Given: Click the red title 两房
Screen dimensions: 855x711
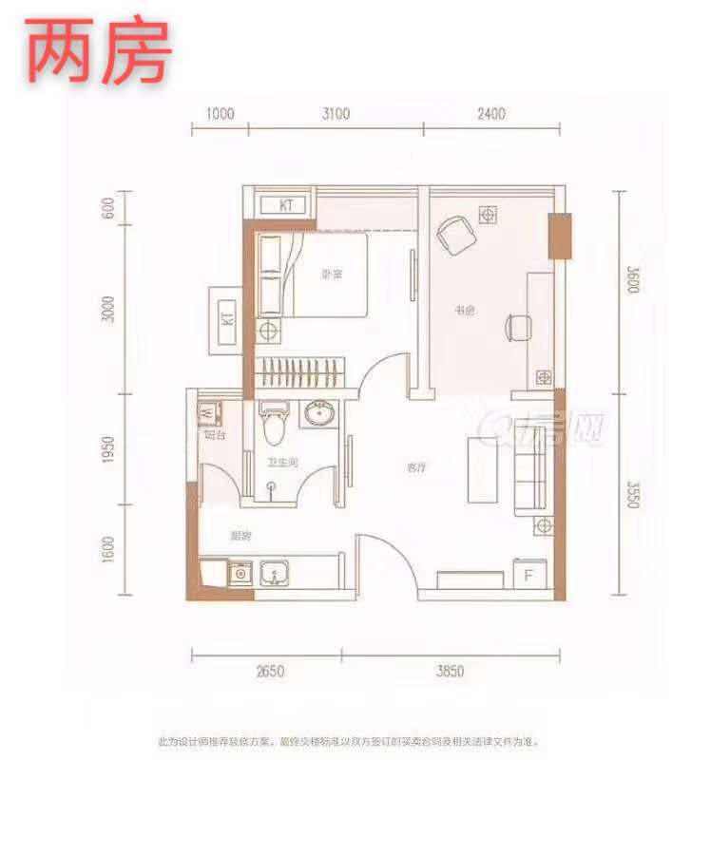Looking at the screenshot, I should point(98,51).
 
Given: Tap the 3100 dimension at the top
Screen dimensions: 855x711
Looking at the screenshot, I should point(336,114).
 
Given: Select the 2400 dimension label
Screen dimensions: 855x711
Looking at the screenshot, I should point(490,114).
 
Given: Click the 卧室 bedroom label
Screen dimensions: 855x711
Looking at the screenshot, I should point(331,275).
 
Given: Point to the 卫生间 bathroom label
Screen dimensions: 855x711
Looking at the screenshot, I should point(281,462).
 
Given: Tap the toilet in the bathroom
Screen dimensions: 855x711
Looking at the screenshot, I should point(275,424).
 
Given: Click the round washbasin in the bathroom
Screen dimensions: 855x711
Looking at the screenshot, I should point(317,414).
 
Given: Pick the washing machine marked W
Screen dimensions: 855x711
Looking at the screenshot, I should point(208,413).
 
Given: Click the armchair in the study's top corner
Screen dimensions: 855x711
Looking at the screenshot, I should point(454,235).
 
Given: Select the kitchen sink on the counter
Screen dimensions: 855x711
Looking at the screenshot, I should point(278,573).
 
